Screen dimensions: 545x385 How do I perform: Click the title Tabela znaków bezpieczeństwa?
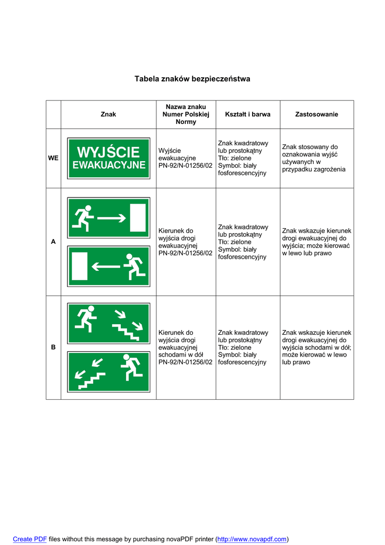pyautogui.click(x=192, y=79)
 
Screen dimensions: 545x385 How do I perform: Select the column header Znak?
pyautogui.click(x=108, y=114)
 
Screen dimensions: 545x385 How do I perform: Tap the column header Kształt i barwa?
pyautogui.click(x=247, y=114)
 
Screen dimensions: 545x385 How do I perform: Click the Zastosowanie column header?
pyautogui.click(x=316, y=114)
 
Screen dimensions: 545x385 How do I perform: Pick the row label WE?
pyautogui.click(x=53, y=158)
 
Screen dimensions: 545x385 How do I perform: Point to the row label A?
pyautogui.click(x=53, y=242)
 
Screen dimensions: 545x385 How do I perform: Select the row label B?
pyautogui.click(x=53, y=347)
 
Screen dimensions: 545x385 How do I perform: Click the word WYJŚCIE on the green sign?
pyautogui.click(x=108, y=152)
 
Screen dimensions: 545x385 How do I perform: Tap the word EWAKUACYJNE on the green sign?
pyautogui.click(x=108, y=166)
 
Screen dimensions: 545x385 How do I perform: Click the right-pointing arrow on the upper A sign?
pyautogui.click(x=112, y=217)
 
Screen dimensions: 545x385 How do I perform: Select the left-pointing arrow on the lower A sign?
pyautogui.click(x=106, y=266)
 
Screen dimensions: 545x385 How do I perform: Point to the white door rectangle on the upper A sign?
pyautogui.click(x=138, y=217)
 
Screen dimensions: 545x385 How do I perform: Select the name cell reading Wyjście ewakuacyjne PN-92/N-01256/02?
pyautogui.click(x=185, y=158)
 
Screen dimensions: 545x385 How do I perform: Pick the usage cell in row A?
pyautogui.click(x=316, y=242)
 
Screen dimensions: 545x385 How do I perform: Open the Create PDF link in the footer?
pyautogui.click(x=30, y=539)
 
